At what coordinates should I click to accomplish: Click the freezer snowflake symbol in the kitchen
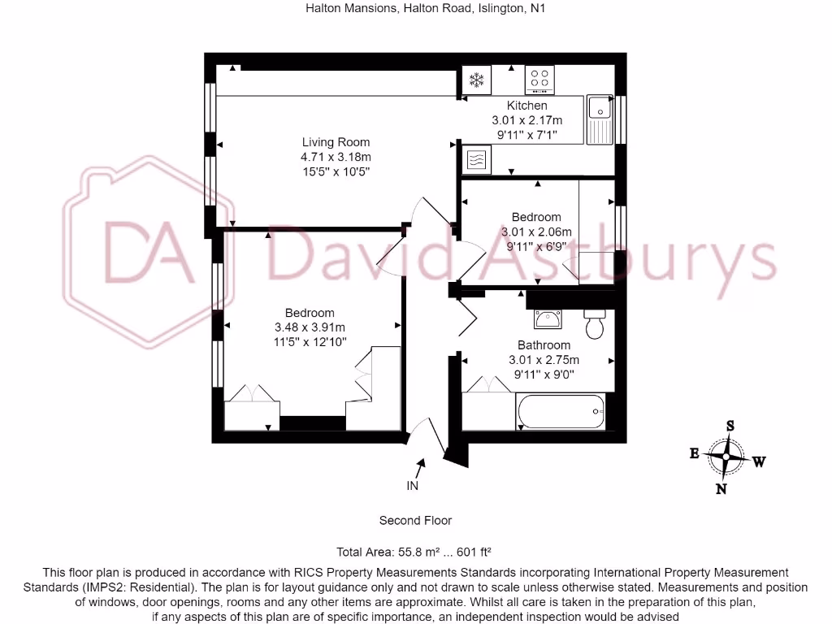476,80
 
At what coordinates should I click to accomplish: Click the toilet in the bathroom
596,324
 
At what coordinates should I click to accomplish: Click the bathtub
561,412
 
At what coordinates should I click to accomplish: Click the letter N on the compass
721,488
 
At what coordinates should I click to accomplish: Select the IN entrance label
413,486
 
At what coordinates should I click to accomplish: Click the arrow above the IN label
420,467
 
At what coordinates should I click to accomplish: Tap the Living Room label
336,142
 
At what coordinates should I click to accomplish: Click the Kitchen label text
527,106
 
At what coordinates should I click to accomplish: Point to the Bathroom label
544,345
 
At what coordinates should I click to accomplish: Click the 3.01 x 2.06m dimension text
536,232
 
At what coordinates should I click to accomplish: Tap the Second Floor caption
415,520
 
